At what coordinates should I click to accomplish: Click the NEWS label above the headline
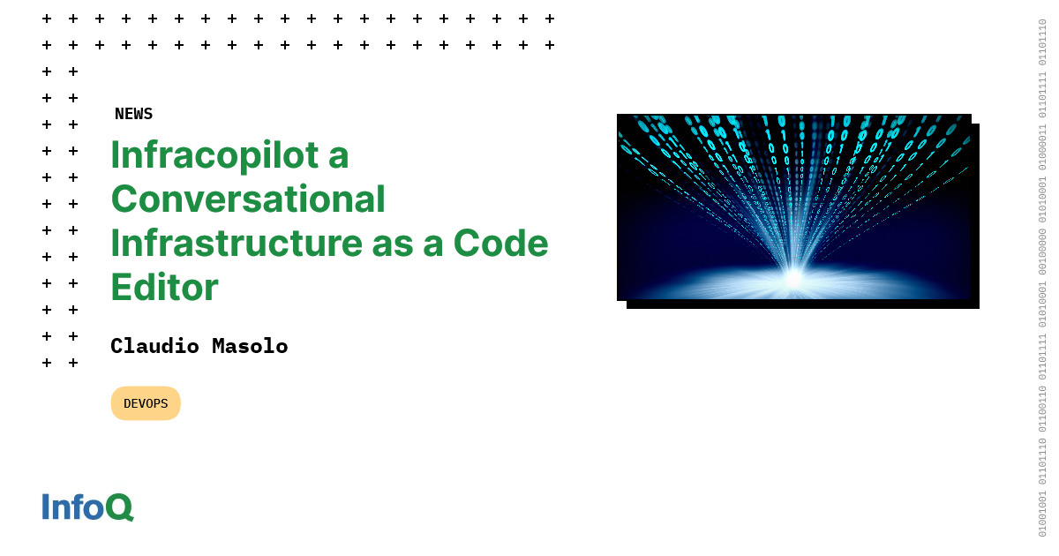(x=133, y=114)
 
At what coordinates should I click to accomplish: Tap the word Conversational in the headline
(x=248, y=199)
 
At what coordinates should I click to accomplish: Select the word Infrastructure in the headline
(x=236, y=244)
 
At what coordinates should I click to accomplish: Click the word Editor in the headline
(x=164, y=288)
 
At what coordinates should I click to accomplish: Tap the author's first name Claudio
(x=155, y=346)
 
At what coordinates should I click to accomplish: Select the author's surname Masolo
(x=250, y=346)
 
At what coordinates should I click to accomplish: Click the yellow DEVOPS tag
(x=146, y=403)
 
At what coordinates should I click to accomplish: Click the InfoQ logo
(x=87, y=507)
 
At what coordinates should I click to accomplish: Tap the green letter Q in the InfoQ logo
(x=119, y=507)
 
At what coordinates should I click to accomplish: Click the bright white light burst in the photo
(x=792, y=277)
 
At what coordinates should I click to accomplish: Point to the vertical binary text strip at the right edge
(x=1042, y=278)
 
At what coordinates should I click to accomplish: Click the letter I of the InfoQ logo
(x=46, y=507)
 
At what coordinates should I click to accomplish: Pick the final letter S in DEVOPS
(x=163, y=403)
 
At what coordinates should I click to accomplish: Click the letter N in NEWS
(x=120, y=114)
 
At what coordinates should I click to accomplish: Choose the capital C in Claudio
(x=116, y=346)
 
